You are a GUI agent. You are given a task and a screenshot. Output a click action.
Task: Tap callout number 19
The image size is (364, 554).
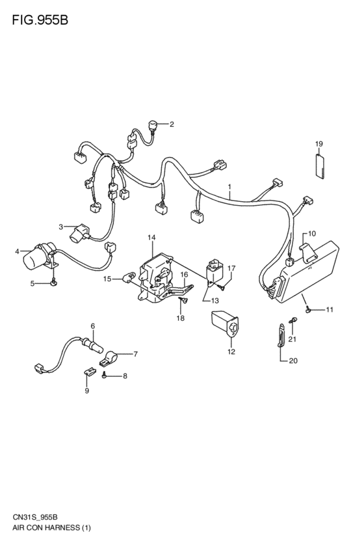coord(319,143)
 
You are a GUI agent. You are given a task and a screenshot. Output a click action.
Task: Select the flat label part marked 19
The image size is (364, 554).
coord(320,165)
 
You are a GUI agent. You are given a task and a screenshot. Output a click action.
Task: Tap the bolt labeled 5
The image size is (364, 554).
coord(54,283)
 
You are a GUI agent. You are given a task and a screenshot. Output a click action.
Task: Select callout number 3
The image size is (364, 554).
coord(60,227)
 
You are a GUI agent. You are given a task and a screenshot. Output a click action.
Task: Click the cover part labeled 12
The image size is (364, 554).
coord(226,325)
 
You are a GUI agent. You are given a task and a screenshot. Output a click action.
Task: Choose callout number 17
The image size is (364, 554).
coord(231,268)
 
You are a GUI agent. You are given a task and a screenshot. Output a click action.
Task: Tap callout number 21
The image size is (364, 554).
coord(292,339)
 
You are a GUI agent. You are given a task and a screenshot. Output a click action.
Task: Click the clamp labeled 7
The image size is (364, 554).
coord(109,357)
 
